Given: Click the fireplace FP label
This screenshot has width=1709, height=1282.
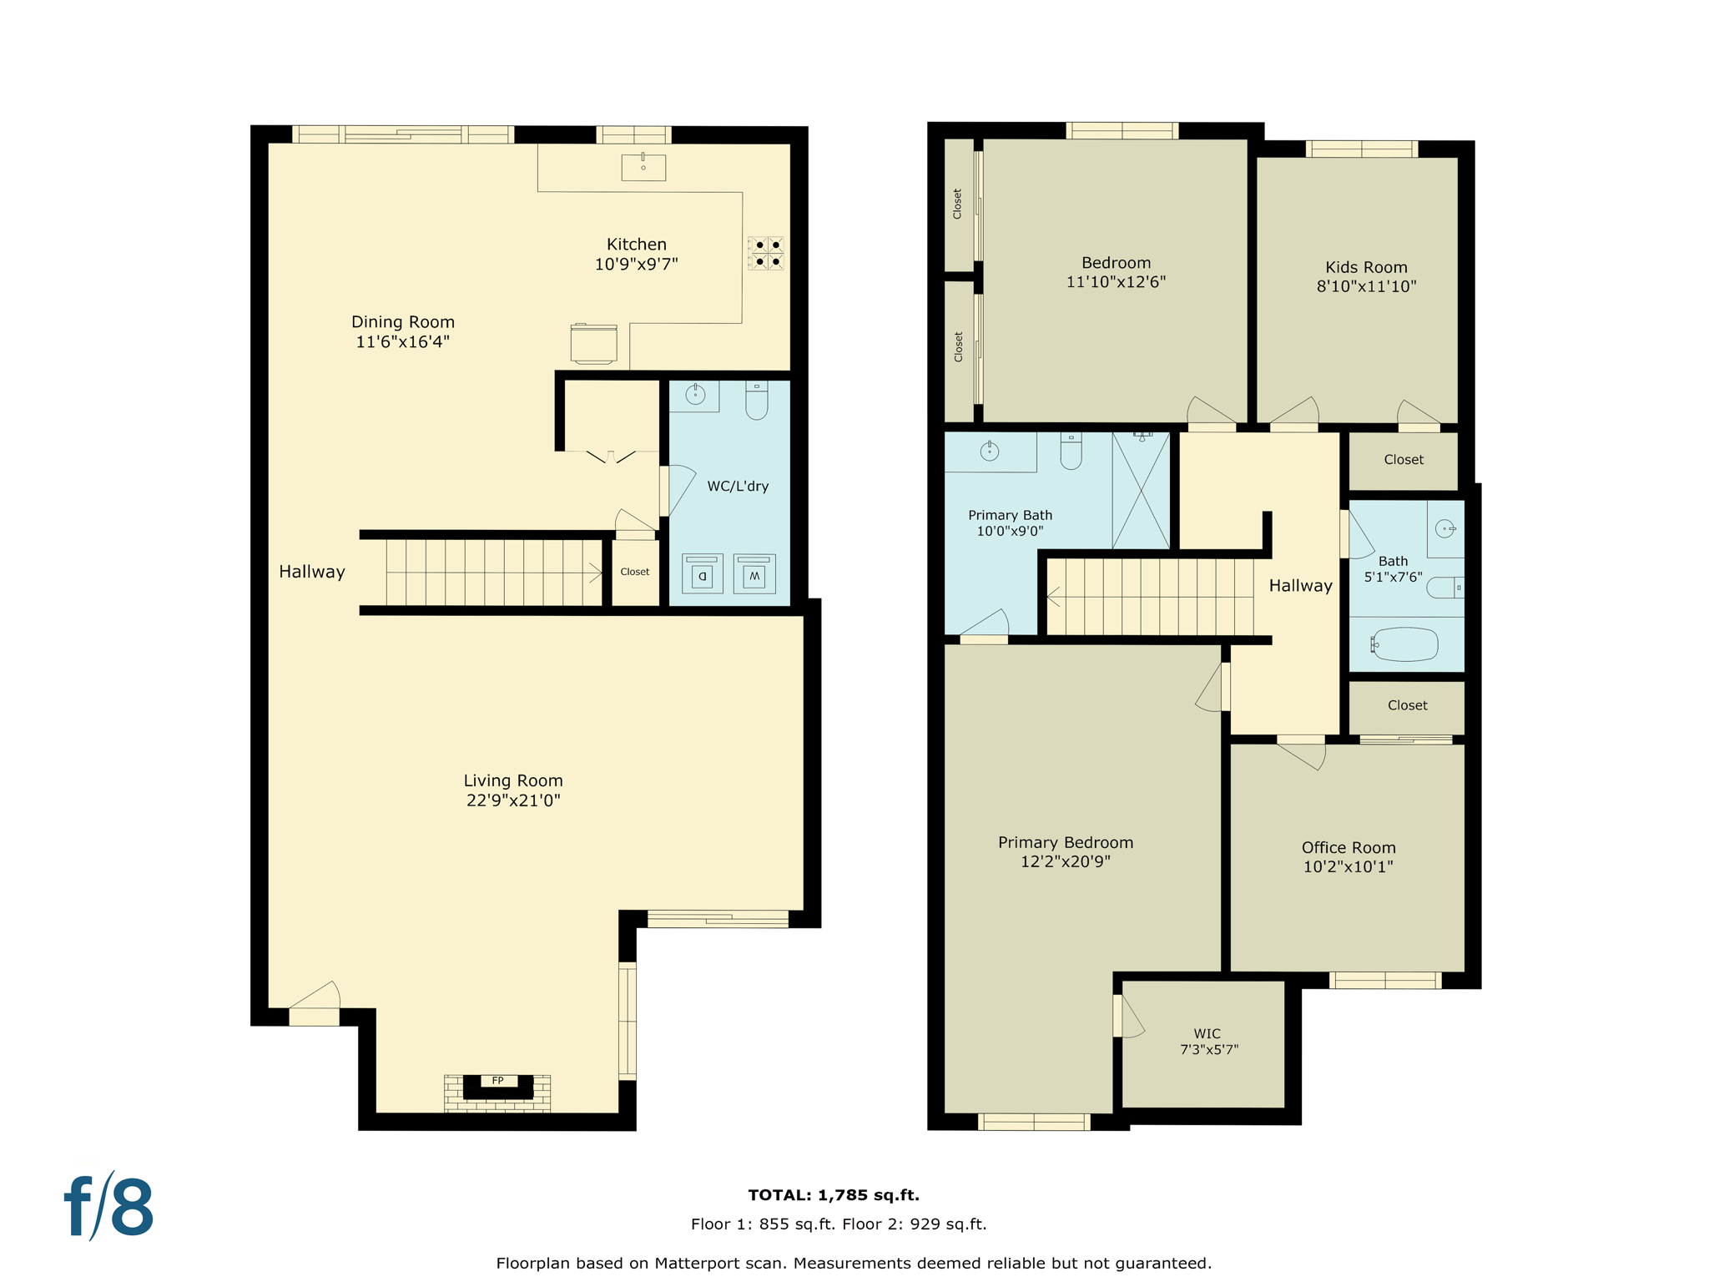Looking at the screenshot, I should [x=497, y=1080].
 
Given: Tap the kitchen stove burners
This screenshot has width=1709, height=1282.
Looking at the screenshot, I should [x=767, y=254].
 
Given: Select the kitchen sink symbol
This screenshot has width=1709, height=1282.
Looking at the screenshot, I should [x=643, y=166].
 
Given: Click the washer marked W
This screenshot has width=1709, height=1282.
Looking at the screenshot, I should [x=754, y=575].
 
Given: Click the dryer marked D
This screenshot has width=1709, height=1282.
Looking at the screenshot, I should [x=702, y=575].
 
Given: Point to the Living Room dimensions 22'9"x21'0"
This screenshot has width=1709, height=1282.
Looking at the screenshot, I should [x=513, y=800].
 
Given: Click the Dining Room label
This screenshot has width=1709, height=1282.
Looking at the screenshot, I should [x=403, y=322].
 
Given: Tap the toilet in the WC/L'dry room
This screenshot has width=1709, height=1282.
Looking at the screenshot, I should [x=757, y=401].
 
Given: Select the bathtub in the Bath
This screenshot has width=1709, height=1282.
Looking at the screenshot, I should [x=1405, y=644].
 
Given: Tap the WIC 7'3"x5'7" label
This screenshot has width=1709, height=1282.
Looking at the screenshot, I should [x=1207, y=1042].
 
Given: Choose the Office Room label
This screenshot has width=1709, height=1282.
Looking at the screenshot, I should [x=1349, y=848].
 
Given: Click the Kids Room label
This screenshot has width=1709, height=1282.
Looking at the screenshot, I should [x=1366, y=267].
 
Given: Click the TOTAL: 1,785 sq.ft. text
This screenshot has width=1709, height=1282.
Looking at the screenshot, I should [x=834, y=1195].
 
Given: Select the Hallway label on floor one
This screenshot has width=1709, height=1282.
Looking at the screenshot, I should [x=312, y=572].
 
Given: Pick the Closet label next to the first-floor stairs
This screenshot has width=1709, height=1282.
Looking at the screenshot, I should [x=635, y=572].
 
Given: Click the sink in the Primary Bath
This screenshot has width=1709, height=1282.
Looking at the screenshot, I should [x=990, y=452].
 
